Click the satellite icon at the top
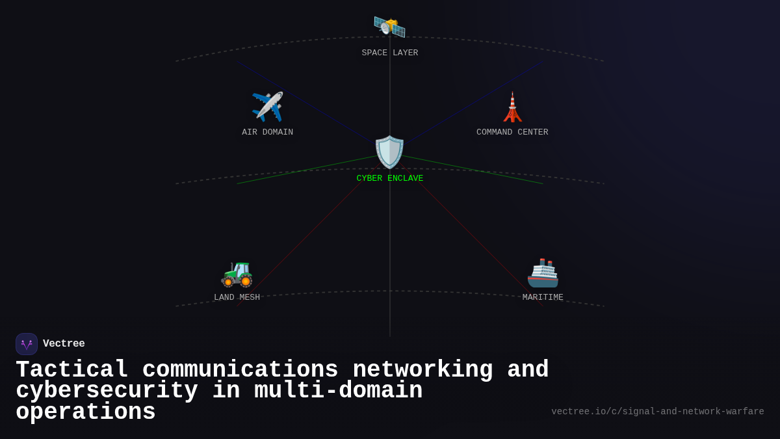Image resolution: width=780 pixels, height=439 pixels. tap(389, 27)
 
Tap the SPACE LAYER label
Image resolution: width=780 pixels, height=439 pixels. tap(390, 53)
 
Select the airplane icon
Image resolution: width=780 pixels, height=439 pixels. tap(267, 107)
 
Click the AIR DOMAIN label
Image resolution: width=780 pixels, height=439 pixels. tap(268, 133)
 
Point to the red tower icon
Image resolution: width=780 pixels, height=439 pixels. tap(512, 107)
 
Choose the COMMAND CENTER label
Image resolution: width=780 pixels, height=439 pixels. tap(512, 133)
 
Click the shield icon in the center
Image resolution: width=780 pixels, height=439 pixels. tap(390, 152)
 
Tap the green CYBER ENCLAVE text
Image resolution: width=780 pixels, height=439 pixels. tap(390, 179)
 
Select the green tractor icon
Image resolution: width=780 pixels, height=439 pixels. tap(237, 273)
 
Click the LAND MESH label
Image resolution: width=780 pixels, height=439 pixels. tap(237, 298)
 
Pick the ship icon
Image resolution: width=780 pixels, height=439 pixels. tap(543, 273)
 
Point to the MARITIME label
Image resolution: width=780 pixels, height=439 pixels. tap(543, 298)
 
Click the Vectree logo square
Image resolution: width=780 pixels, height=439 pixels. tap(27, 344)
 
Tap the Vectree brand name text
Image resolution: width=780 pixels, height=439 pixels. tap(64, 344)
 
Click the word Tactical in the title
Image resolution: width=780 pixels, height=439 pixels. tap(72, 370)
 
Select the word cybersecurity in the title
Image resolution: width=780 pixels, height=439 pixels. tap(107, 391)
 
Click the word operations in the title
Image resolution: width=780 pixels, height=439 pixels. tap(86, 412)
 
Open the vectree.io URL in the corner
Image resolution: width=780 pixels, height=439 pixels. tap(658, 412)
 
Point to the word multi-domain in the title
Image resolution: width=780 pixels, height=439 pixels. tap(338, 391)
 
